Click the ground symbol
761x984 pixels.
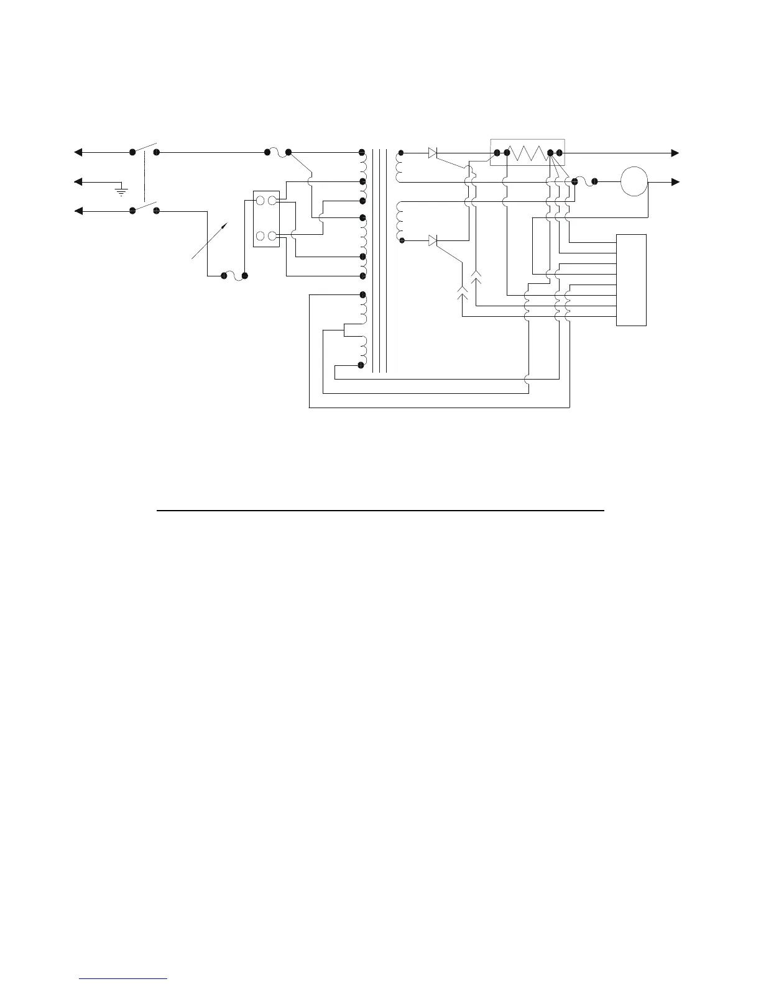coord(122,189)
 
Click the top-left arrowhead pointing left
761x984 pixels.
coord(78,152)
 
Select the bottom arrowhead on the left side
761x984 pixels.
coord(78,211)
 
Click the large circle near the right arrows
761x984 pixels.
coord(634,181)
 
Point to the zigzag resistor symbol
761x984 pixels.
coord(528,152)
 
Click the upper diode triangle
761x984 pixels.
coord(433,152)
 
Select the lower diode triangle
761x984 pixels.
coord(433,240)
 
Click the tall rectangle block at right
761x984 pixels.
coord(631,280)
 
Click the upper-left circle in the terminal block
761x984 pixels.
coord(261,201)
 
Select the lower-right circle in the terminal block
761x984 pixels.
coord(272,235)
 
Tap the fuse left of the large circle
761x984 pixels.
coord(584,181)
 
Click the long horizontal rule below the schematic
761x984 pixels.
coord(380,511)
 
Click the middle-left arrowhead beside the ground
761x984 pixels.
coord(78,182)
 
